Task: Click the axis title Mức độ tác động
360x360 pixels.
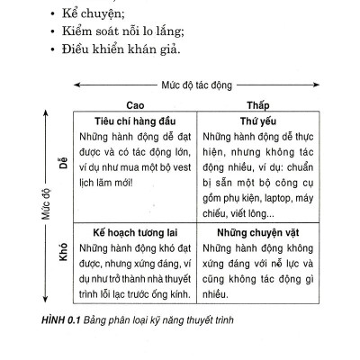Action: (x=196, y=85)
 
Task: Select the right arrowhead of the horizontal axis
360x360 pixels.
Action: (x=315, y=85)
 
